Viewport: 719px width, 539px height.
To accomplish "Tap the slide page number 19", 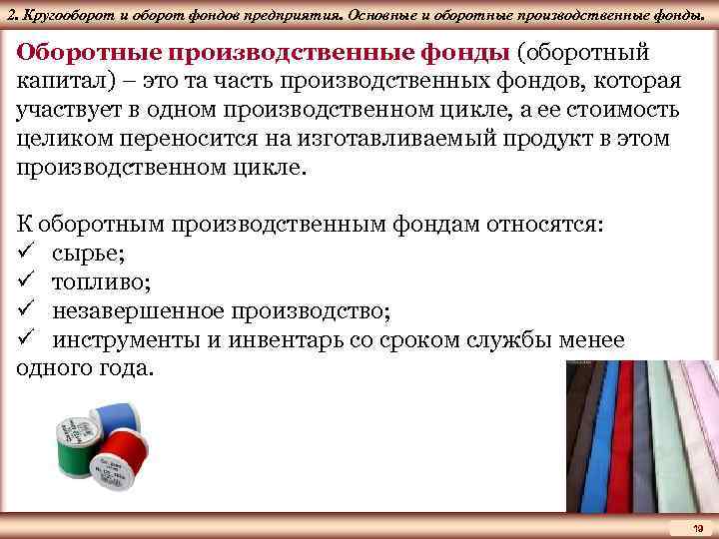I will [x=698, y=528].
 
